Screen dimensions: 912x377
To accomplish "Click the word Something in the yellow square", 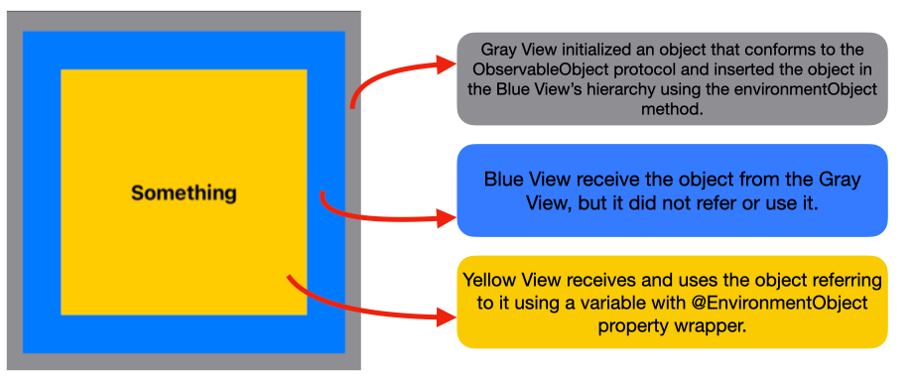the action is point(184,193).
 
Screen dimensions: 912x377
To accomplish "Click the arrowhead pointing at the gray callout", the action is point(446,65).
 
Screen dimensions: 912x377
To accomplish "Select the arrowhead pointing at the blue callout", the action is point(447,218).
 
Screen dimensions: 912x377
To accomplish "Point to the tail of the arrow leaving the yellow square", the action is point(289,277).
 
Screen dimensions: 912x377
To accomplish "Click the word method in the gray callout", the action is point(673,110).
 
